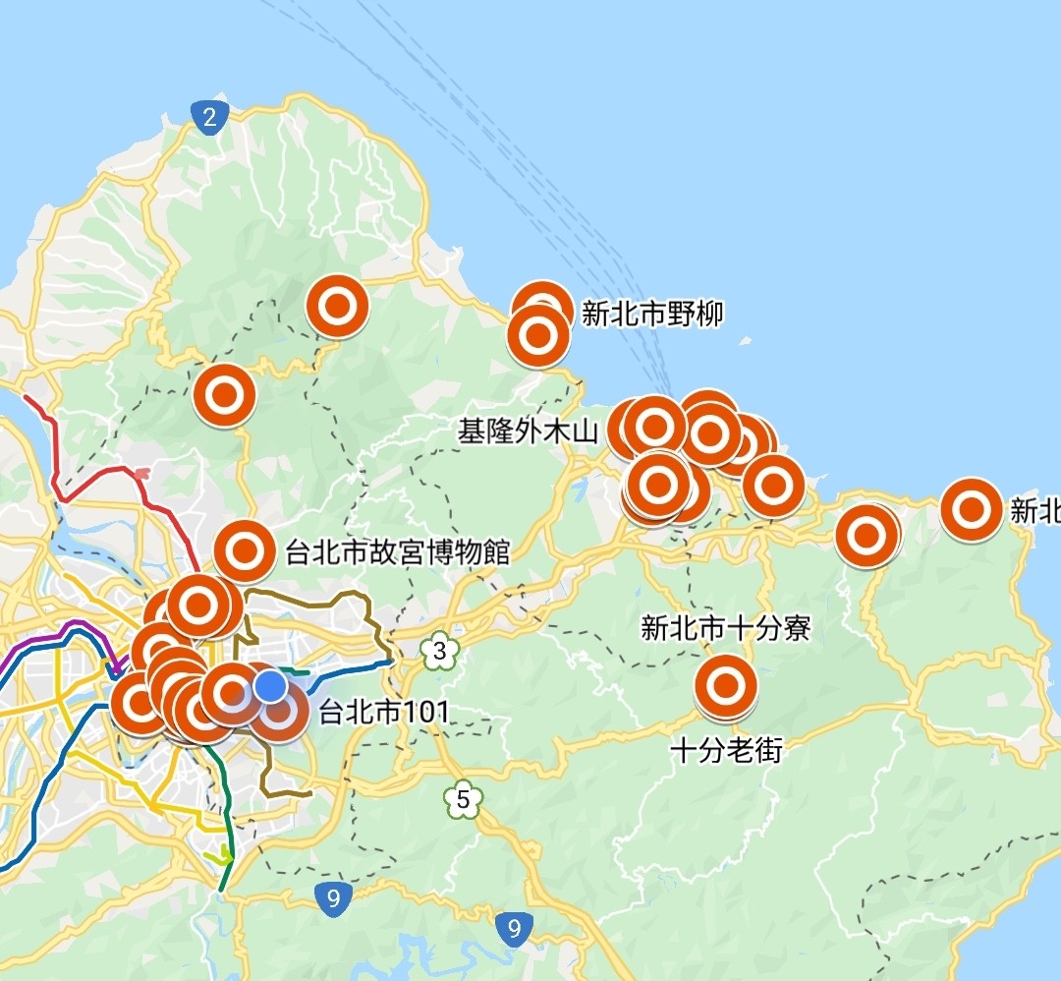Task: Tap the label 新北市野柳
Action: [x=652, y=315]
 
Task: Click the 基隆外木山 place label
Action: [x=528, y=432]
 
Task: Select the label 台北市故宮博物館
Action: [x=397, y=552]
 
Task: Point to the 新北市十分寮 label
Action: [x=725, y=628]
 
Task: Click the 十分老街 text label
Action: [x=726, y=751]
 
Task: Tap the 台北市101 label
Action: [x=383, y=712]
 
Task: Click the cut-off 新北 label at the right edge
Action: [x=1035, y=511]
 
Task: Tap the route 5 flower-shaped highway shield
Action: [x=463, y=799]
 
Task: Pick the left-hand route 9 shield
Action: [x=335, y=896]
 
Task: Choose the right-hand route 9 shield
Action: [x=513, y=927]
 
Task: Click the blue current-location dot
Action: [x=271, y=686]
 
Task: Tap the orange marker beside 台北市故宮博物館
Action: [x=245, y=551]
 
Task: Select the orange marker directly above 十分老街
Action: [x=726, y=686]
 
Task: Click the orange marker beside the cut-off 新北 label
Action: [x=971, y=508]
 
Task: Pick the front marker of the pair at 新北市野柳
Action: [x=538, y=336]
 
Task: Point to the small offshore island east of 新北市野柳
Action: [x=744, y=344]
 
